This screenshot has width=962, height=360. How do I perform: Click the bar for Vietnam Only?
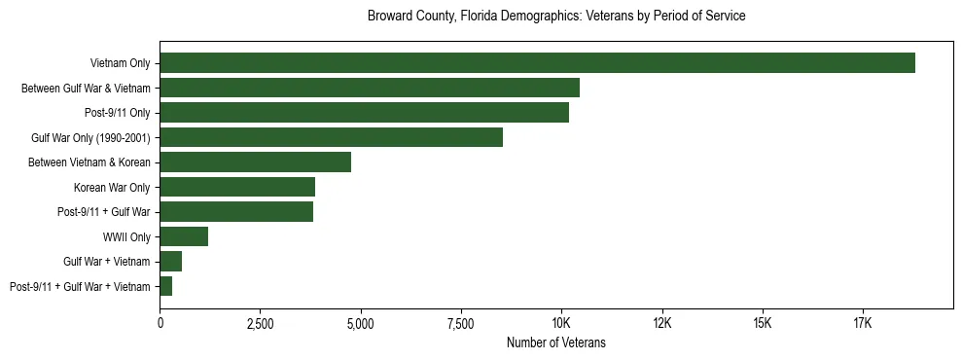(537, 63)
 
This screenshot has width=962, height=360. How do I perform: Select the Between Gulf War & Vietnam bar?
(370, 88)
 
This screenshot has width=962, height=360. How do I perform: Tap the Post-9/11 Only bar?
(364, 113)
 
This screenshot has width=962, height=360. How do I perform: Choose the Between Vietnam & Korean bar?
(255, 162)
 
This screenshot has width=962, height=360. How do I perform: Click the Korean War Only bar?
(237, 187)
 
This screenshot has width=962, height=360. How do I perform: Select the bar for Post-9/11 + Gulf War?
(236, 212)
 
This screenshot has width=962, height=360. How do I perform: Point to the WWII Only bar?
(184, 236)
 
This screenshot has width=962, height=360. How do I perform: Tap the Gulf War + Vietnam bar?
(171, 262)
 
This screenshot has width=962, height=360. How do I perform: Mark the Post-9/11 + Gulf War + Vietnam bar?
(166, 286)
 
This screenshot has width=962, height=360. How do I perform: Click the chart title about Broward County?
(556, 17)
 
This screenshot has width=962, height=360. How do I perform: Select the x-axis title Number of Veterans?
(556, 342)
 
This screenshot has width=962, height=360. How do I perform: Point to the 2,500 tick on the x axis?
(260, 322)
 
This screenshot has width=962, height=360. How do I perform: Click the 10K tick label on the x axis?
(561, 322)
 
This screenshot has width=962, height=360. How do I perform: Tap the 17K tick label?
(863, 322)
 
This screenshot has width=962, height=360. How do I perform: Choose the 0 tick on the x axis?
(160, 322)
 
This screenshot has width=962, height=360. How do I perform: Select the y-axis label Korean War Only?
(112, 187)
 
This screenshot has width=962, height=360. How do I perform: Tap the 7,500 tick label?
(461, 322)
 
